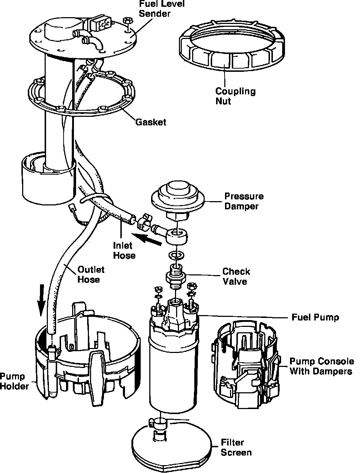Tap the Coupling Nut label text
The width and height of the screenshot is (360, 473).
pyautogui.click(x=235, y=96)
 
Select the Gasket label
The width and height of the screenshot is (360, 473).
pyautogui.click(x=151, y=122)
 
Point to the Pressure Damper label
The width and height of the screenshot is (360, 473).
pyautogui.click(x=244, y=201)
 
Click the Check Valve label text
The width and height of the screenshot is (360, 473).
pyautogui.click(x=236, y=277)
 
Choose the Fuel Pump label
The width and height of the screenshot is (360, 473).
pyautogui.click(x=315, y=317)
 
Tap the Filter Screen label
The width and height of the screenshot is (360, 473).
pyautogui.click(x=236, y=447)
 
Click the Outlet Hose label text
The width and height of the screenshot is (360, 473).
pyautogui.click(x=91, y=274)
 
